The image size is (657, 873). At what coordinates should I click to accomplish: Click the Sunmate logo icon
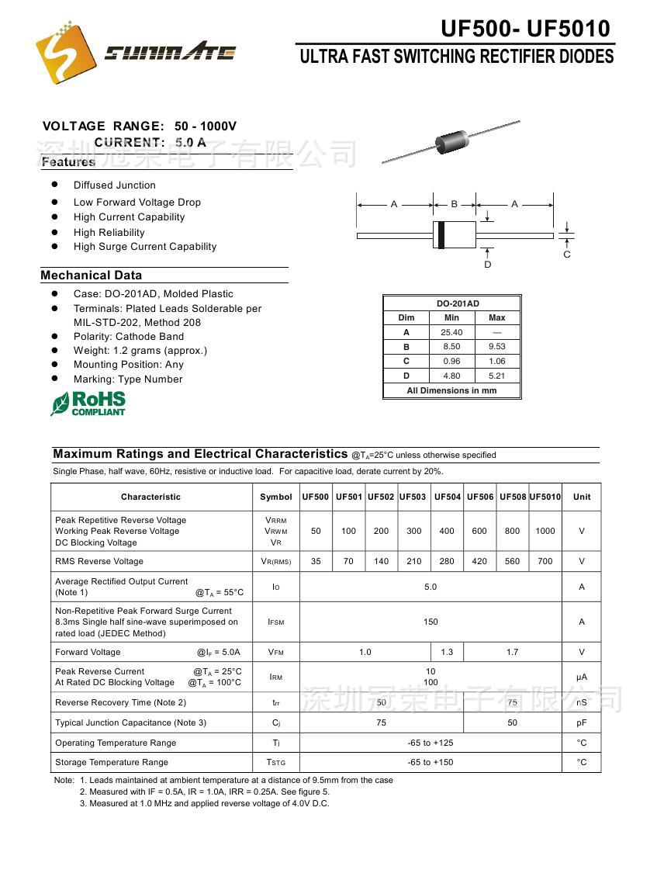point(66,52)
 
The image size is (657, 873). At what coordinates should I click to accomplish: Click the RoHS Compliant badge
point(88,404)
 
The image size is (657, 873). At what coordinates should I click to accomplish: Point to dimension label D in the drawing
point(488,265)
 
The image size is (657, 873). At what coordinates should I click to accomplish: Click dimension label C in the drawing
point(567,255)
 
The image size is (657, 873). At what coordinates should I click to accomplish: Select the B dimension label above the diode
point(455,204)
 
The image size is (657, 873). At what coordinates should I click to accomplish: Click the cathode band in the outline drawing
point(441,235)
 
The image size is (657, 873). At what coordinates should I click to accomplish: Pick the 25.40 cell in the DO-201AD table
point(451,332)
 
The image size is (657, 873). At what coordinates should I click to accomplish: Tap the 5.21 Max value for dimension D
point(497,376)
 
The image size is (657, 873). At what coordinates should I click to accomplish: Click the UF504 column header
point(448,497)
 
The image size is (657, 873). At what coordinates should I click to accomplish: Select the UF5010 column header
point(545,497)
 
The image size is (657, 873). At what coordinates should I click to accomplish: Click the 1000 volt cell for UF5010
point(545,531)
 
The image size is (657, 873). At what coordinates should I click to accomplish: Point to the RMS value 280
point(447,561)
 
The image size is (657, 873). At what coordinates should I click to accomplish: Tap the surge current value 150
point(431,622)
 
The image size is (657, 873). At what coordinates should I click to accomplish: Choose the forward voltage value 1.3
point(447,652)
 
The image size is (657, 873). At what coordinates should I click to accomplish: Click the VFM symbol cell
point(276,653)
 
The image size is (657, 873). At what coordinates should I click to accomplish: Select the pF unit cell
point(582,722)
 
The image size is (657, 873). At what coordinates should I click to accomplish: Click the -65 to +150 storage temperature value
point(431,762)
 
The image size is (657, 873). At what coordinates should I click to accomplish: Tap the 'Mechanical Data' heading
point(92,275)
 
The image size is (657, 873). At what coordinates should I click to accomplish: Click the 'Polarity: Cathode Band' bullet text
point(129,336)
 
